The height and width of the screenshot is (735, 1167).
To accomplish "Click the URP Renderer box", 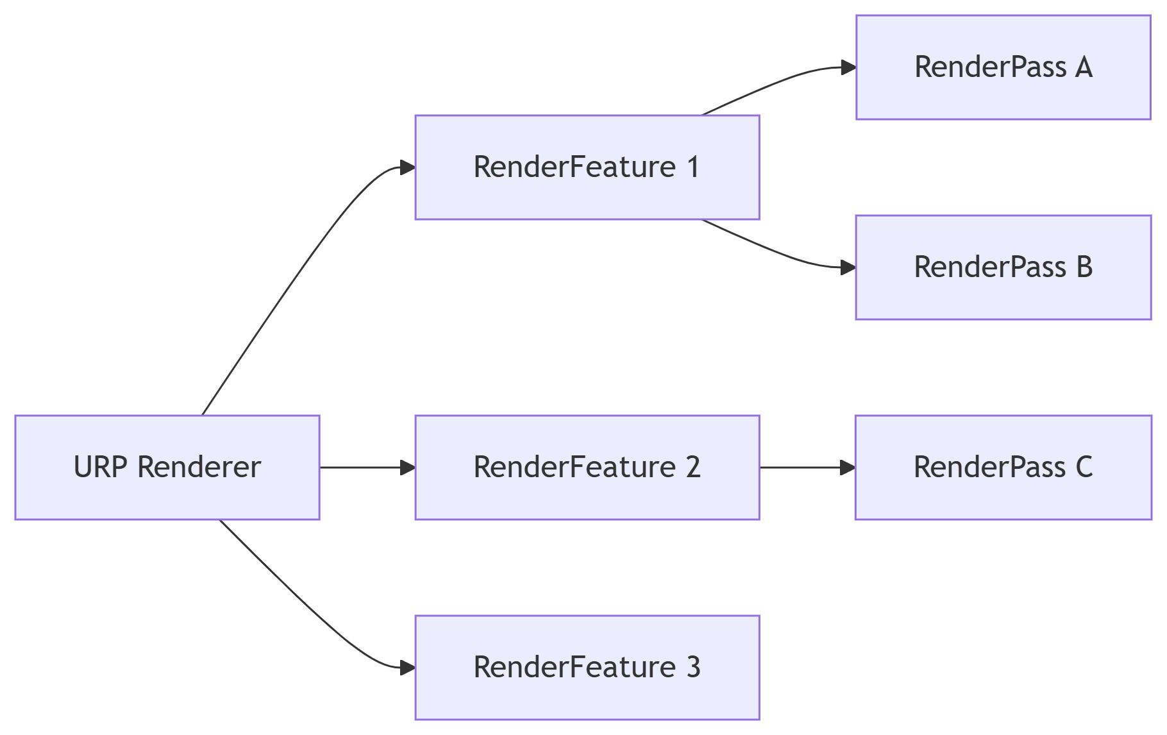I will [x=167, y=467].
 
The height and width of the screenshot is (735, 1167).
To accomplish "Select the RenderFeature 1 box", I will [x=587, y=167].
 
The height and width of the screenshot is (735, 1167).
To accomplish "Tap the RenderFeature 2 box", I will [x=587, y=467].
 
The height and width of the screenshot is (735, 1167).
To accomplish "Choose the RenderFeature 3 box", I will [x=587, y=667].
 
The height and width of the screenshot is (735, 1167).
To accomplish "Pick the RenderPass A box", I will [x=1003, y=67].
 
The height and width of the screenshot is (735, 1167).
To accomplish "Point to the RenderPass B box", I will [x=1003, y=267].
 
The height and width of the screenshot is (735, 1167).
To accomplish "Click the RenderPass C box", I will [x=1003, y=467].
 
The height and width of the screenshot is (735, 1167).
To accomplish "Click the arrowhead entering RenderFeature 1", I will [x=408, y=168].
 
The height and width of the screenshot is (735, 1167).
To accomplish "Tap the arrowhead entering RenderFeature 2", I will [x=408, y=468].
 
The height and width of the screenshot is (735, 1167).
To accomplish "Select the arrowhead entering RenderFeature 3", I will [x=408, y=668].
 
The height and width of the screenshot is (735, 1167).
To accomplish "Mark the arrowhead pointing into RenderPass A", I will [x=848, y=67].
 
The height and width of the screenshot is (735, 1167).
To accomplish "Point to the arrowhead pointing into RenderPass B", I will [x=848, y=267].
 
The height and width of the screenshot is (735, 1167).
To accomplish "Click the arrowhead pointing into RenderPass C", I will [x=848, y=468].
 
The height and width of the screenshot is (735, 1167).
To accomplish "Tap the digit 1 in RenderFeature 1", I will [x=693, y=167].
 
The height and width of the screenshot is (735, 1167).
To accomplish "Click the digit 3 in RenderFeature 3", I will [x=693, y=667].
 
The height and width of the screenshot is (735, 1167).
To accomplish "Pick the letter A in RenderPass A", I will [x=1084, y=67].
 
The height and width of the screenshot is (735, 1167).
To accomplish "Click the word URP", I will [x=100, y=467].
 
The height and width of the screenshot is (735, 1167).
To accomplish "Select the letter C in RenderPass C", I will [x=1084, y=467].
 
